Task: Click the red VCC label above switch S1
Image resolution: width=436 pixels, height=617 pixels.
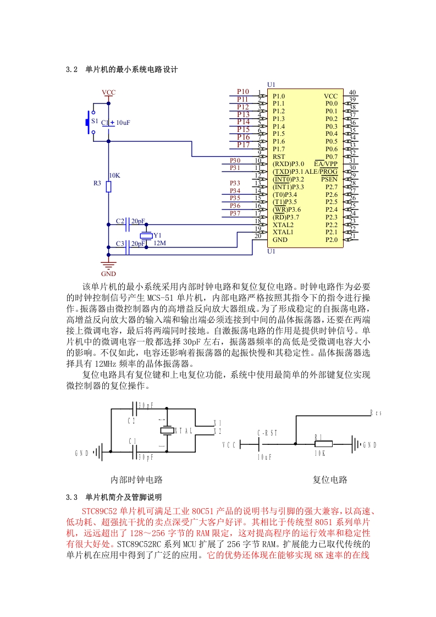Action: (109, 92)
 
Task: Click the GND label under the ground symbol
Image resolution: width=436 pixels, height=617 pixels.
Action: (109, 274)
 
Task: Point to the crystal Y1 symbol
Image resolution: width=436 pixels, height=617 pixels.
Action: (146, 236)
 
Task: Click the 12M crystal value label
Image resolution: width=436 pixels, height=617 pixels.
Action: (160, 243)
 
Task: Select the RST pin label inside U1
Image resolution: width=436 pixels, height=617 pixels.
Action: (279, 157)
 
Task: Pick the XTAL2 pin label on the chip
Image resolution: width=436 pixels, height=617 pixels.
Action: (283, 225)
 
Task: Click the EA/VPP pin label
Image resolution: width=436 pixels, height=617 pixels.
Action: (326, 164)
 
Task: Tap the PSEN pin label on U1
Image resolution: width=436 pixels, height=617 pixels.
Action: (329, 179)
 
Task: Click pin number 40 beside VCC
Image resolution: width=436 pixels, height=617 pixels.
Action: (352, 92)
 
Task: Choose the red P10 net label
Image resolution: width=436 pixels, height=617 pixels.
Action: (243, 92)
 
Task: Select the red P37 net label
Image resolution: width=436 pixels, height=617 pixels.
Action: (235, 213)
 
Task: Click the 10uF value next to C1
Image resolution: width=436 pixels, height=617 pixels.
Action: (123, 123)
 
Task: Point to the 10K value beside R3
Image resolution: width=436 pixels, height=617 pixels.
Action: (114, 175)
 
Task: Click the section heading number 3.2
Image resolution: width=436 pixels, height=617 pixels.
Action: (71, 70)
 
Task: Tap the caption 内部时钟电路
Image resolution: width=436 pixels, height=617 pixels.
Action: (136, 480)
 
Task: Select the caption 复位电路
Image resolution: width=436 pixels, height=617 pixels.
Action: (330, 480)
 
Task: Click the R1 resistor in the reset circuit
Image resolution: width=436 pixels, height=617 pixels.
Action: (323, 444)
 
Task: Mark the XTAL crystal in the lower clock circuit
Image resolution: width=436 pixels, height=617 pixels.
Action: (167, 431)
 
